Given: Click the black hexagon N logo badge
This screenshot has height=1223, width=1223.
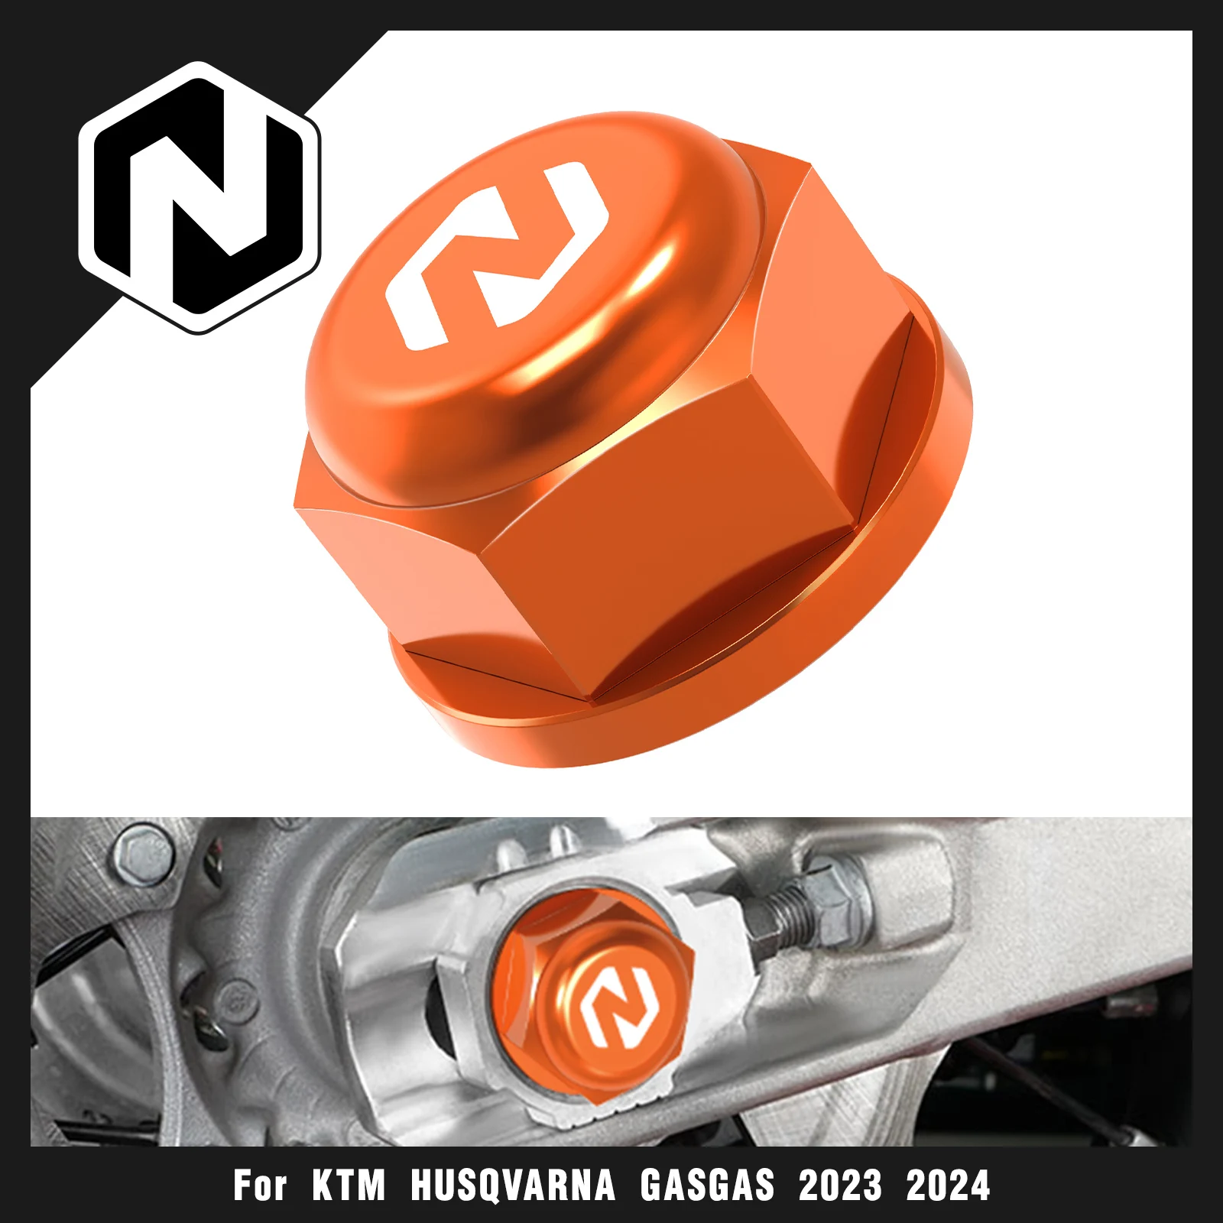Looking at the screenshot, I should point(199,197).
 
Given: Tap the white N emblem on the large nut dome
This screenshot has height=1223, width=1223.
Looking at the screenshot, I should point(497,256).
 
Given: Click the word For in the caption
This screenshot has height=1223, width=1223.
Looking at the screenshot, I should point(260,1186).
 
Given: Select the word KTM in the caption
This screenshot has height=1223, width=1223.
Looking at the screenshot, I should point(349,1186).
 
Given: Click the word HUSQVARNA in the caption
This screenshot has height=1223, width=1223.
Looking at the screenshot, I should point(513,1186).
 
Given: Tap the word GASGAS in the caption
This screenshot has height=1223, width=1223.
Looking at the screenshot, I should point(707,1186).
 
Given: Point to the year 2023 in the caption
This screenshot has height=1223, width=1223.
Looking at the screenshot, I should point(840,1186).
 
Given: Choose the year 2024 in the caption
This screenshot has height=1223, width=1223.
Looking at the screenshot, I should point(948,1186).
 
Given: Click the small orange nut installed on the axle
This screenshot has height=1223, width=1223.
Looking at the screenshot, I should point(592,994).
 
